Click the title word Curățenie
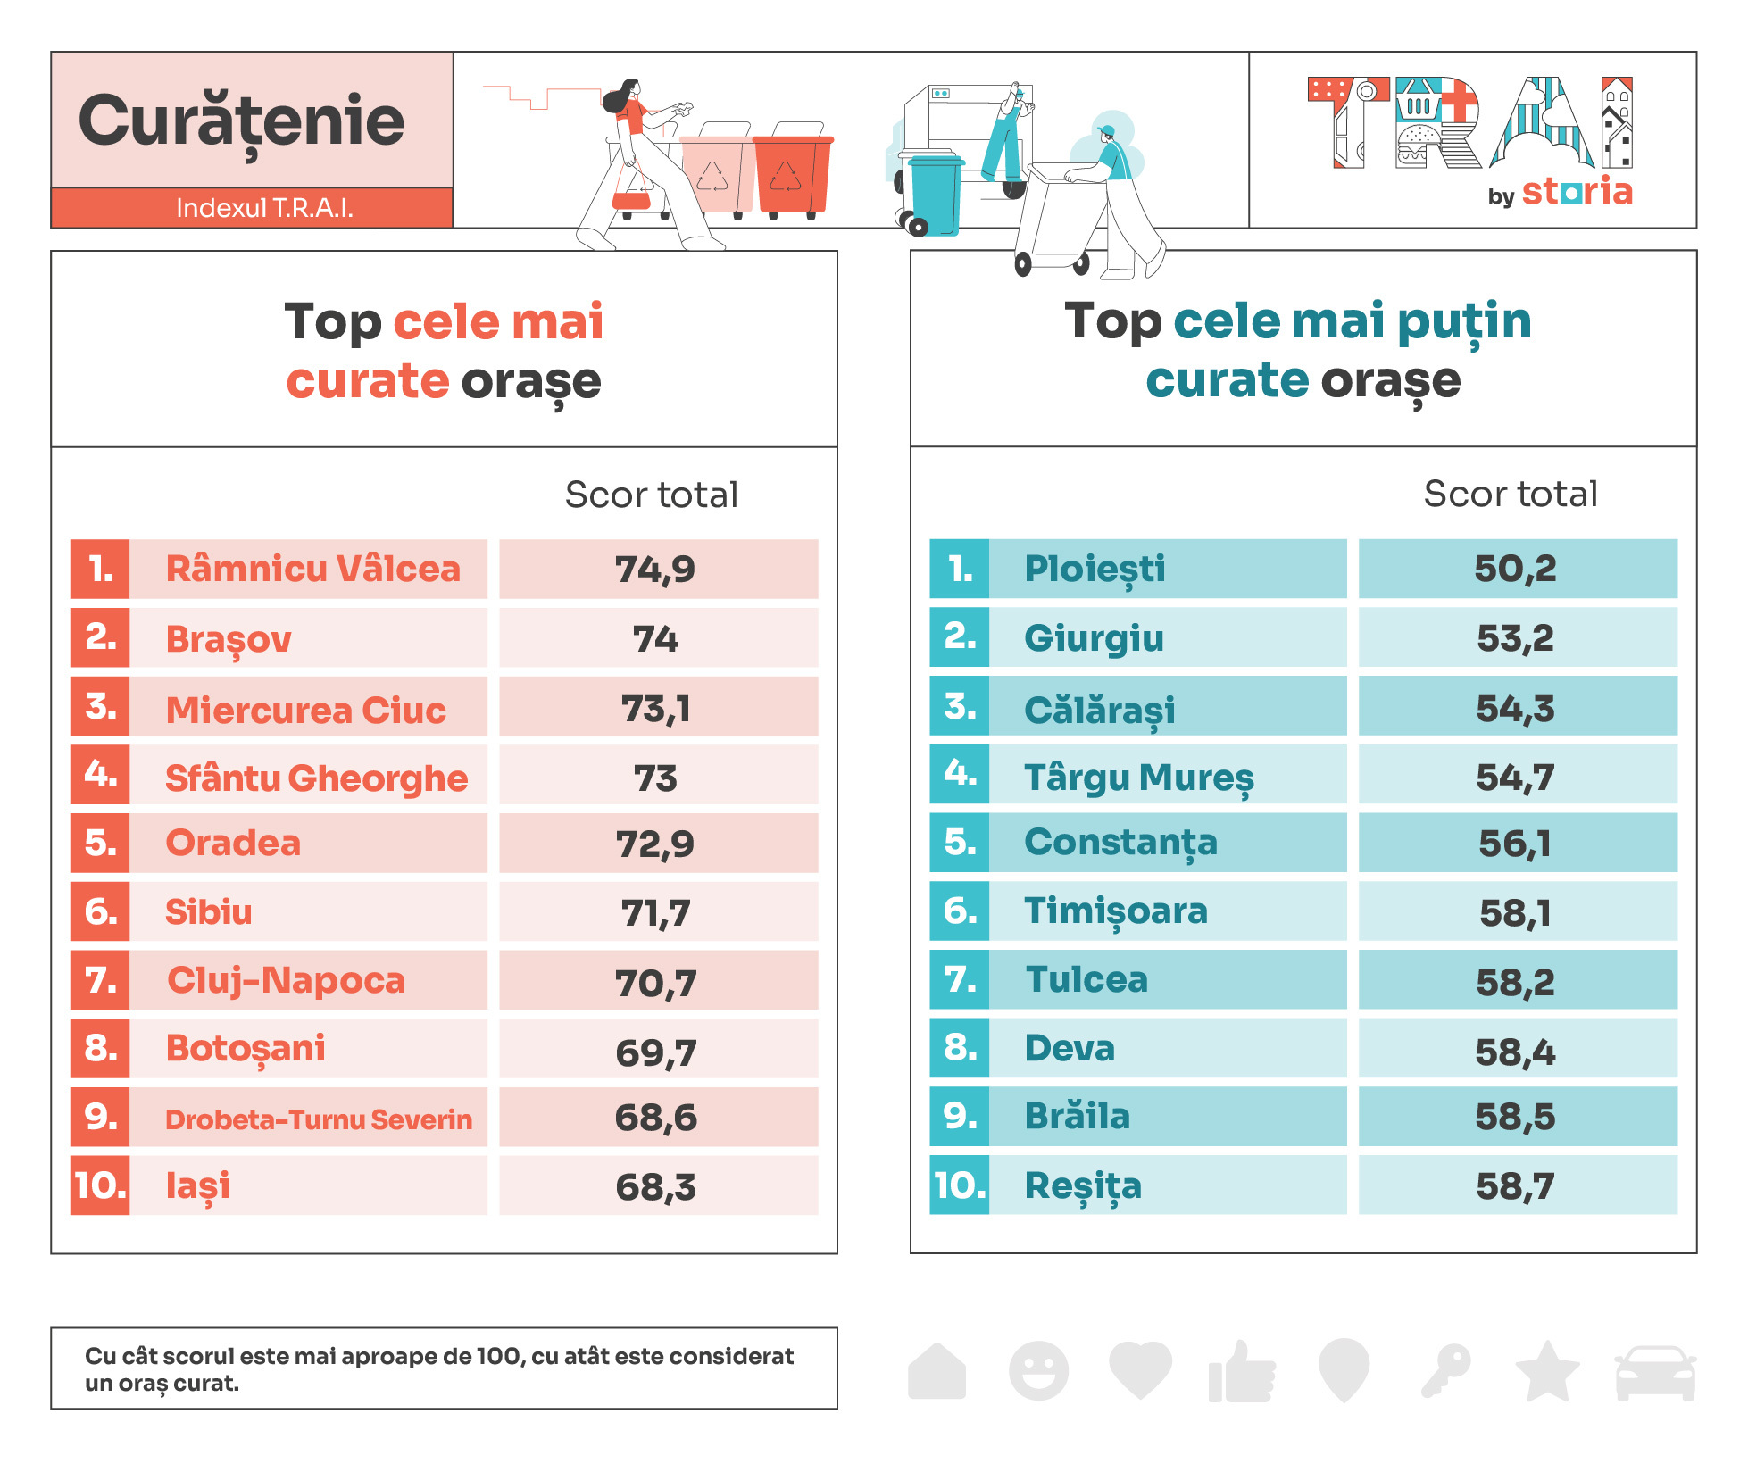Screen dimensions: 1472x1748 tap(241, 121)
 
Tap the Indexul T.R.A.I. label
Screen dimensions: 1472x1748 tap(264, 208)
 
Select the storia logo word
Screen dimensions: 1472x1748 tap(1577, 192)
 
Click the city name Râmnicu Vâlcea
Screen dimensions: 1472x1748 tap(312, 570)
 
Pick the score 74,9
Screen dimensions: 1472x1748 tap(655, 570)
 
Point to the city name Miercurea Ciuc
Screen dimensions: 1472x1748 tap(305, 711)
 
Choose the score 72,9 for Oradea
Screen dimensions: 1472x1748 tap(655, 844)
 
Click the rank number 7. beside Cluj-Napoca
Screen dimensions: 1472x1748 tap(101, 980)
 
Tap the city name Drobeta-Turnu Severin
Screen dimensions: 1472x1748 tap(318, 1119)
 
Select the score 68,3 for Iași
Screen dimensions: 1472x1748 tap(655, 1187)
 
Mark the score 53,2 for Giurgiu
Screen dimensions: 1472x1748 tap(1515, 638)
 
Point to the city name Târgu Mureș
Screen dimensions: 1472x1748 tap(1138, 778)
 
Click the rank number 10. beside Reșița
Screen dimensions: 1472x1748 tap(960, 1186)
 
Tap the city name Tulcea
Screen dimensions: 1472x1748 tap(1086, 980)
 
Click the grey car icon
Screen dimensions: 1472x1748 tap(1654, 1372)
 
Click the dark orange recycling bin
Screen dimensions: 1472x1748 tap(791, 173)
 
